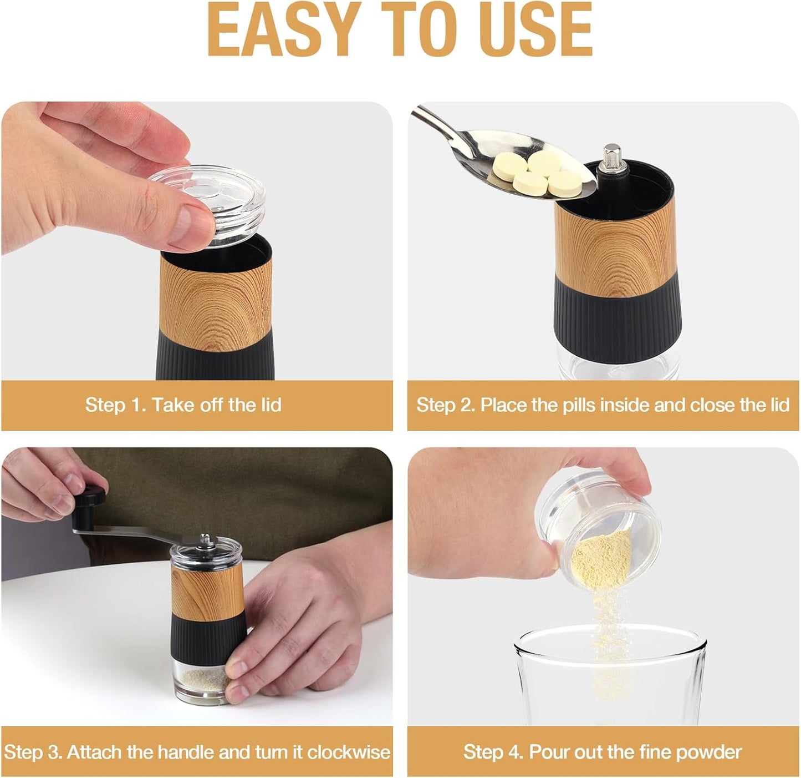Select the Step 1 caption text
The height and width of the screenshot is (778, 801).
click(183, 405)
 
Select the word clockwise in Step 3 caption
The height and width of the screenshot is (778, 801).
click(349, 752)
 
